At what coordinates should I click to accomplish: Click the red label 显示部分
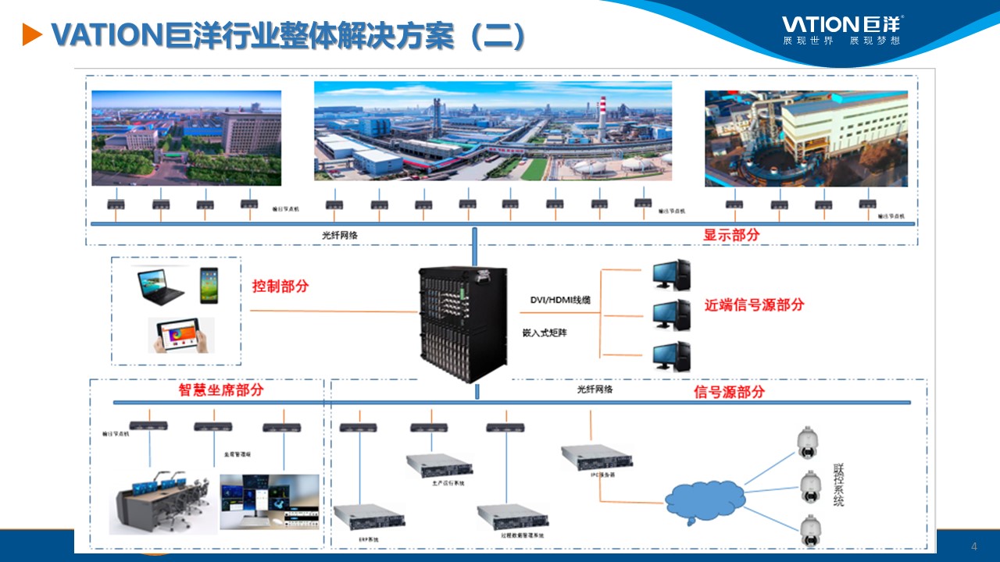point(731,234)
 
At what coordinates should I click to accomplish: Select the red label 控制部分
point(280,286)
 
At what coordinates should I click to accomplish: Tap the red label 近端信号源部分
point(754,305)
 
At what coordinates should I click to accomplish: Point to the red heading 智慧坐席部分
point(221,390)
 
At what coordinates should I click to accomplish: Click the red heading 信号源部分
point(729,392)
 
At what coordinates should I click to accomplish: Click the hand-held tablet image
point(181,335)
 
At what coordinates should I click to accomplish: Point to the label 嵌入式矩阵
point(545,333)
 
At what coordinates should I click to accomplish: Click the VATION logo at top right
point(843,29)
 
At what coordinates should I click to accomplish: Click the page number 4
point(973,545)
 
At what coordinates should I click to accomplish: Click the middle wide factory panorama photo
point(492,131)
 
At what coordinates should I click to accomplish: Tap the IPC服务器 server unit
point(595,457)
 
